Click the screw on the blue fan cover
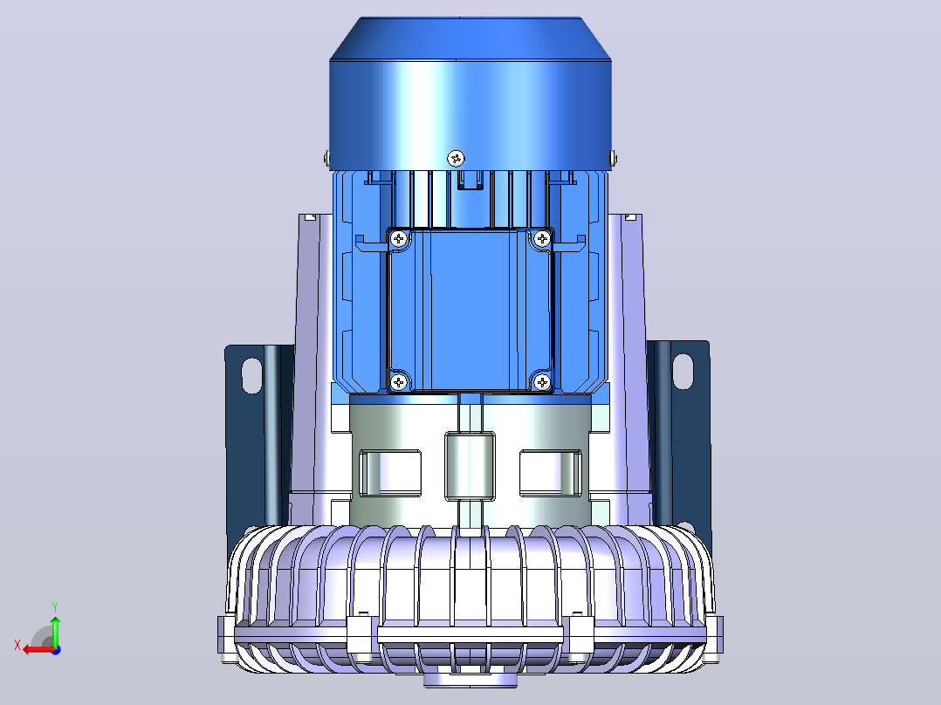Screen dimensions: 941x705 [456, 159]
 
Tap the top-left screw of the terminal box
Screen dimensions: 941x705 [399, 239]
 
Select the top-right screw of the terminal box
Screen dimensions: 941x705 [543, 239]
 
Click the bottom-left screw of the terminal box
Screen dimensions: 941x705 [399, 381]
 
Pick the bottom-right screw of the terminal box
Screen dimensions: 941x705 [542, 381]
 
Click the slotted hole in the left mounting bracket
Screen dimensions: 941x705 [251, 375]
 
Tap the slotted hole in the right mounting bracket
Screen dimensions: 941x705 [683, 372]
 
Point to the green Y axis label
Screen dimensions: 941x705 [55, 607]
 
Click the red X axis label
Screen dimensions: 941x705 [17, 646]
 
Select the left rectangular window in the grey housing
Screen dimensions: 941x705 [390, 474]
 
